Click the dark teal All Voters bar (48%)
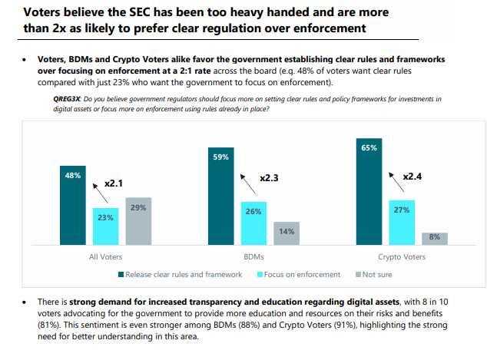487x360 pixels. [74, 204]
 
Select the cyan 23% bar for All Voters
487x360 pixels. [106, 226]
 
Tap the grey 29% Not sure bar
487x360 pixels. [137, 220]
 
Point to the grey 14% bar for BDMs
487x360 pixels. [286, 233]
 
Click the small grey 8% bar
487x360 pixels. [434, 238]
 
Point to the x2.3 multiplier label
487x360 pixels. [269, 177]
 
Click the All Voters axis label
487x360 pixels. [105, 256]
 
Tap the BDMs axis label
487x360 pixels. [254, 256]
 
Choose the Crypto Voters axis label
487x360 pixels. [403, 256]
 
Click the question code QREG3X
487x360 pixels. [63, 99]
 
